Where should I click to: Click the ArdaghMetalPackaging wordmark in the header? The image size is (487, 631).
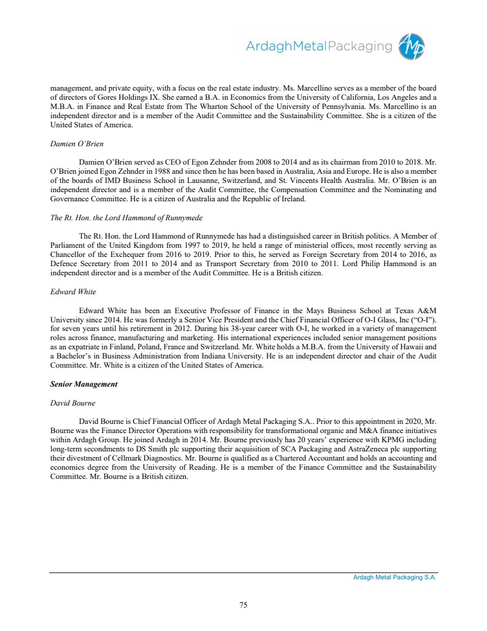tap(319, 46)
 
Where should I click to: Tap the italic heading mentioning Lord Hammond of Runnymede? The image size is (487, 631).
tap(126, 217)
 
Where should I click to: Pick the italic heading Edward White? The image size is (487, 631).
tap(73, 292)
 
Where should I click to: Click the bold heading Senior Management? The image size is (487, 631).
tap(84, 384)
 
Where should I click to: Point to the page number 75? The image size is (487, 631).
tap(243, 603)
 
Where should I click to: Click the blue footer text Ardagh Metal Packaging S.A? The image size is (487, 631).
tap(395, 578)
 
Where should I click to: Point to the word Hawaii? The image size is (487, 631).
tap(401, 346)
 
